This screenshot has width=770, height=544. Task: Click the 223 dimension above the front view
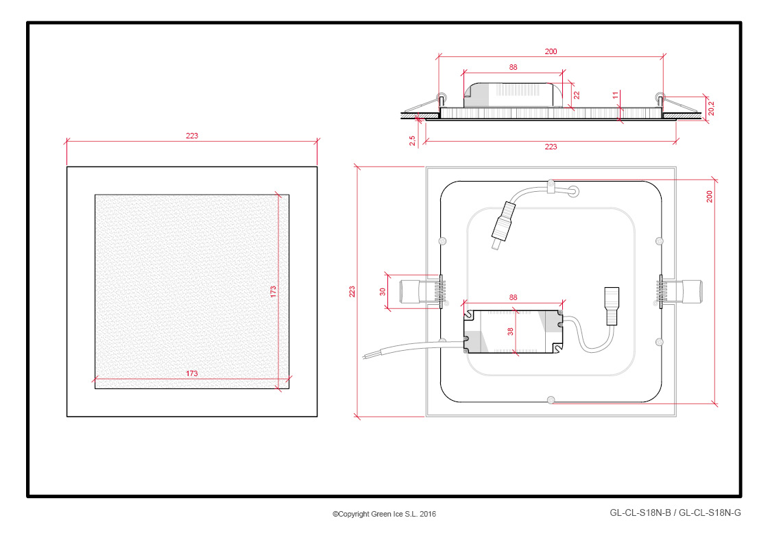(x=191, y=136)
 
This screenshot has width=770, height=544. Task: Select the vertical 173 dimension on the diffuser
(x=273, y=291)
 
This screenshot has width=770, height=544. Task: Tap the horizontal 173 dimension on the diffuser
(x=191, y=373)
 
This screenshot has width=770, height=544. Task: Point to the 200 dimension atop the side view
(x=551, y=51)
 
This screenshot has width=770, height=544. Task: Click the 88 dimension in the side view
(x=513, y=67)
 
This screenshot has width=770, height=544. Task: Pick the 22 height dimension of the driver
(x=577, y=95)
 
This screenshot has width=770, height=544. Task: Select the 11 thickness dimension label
(x=616, y=95)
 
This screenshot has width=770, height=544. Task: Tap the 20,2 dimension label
(x=711, y=108)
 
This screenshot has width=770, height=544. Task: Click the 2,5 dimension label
(x=413, y=140)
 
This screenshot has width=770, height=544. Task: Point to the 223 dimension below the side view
(x=551, y=147)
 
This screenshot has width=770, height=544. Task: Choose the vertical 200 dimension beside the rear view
(x=709, y=197)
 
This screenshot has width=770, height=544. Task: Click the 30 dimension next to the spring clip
(x=383, y=291)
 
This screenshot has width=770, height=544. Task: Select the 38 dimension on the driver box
(x=511, y=332)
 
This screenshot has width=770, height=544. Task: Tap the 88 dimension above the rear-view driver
(x=513, y=297)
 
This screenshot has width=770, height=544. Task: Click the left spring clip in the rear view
(x=423, y=291)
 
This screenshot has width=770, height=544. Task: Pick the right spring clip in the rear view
(x=679, y=291)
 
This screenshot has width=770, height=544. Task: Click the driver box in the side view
(x=513, y=95)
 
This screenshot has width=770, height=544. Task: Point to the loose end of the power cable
(x=364, y=356)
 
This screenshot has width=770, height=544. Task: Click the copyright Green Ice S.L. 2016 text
(x=384, y=514)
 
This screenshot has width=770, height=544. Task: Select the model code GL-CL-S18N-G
(x=710, y=513)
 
